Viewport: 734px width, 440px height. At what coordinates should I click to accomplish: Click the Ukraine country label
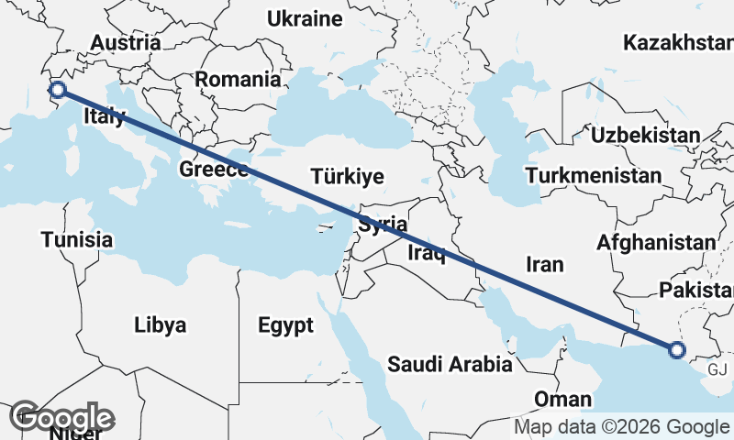304,18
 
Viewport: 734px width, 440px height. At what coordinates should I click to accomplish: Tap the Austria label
126,43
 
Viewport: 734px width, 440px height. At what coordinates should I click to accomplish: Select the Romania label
237,80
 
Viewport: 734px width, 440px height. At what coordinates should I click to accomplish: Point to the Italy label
104,116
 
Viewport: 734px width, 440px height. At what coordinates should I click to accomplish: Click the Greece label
214,170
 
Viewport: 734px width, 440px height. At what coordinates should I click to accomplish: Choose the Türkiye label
347,176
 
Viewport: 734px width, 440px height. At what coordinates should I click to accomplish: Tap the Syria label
383,224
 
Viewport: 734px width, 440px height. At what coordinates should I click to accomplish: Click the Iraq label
426,251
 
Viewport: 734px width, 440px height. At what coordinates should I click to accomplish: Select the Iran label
544,265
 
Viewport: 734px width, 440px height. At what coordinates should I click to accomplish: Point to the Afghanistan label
655,243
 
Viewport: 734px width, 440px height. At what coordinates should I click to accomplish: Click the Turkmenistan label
595,175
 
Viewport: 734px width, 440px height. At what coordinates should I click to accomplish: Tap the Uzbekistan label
646,136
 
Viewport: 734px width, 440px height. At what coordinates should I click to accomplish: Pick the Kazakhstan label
677,43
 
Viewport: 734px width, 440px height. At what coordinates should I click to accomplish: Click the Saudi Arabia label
450,365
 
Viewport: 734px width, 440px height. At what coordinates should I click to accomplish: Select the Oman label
562,400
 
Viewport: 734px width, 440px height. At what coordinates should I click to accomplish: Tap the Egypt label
285,325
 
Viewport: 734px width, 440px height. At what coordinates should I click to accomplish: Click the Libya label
160,325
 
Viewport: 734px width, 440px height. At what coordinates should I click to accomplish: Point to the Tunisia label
77,240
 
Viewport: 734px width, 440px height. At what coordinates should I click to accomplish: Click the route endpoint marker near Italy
58,89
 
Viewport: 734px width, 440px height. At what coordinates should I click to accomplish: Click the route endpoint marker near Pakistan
677,349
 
